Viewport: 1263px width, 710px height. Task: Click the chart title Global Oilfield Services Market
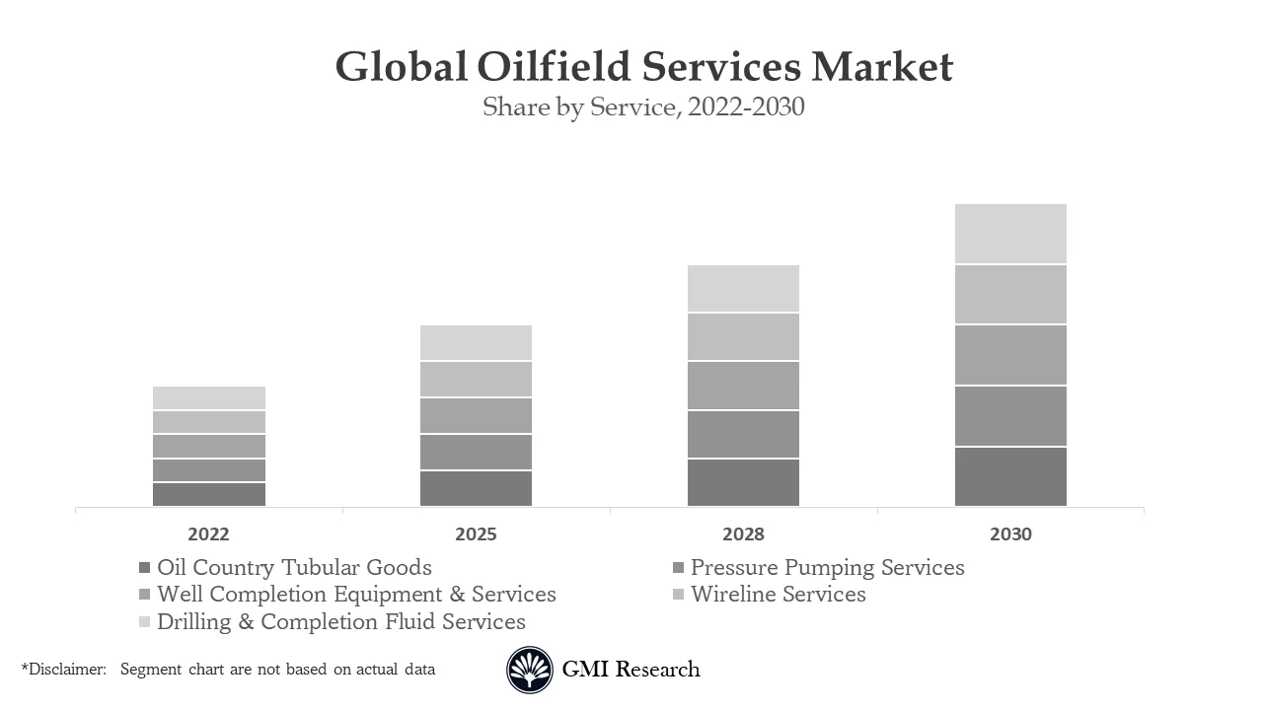[643, 67]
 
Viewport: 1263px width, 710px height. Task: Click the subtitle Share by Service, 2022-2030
[643, 106]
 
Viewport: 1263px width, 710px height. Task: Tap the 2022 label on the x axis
[208, 534]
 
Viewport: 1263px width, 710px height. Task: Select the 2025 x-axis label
[476, 534]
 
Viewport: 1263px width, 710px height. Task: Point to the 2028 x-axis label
[743, 534]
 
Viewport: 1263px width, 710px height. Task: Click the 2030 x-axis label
[1010, 534]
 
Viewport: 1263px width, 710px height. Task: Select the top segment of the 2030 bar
[1010, 234]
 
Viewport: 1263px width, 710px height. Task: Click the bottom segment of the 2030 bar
[1010, 477]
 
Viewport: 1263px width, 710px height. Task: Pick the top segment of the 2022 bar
[208, 397]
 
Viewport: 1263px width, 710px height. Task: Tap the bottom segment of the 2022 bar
[208, 494]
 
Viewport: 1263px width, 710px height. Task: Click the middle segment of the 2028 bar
[743, 386]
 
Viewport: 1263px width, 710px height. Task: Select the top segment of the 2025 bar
[476, 343]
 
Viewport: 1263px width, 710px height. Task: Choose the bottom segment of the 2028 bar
[743, 483]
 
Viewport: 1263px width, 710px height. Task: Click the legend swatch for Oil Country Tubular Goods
[145, 568]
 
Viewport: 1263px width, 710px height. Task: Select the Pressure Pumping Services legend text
[827, 568]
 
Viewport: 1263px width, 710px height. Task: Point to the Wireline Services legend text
[778, 595]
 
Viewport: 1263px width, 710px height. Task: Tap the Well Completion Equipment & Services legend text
[356, 595]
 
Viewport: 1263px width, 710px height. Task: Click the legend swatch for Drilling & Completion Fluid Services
[145, 622]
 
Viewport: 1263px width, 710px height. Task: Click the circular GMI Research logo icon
[530, 671]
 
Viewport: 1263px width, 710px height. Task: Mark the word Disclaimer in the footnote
[66, 670]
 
